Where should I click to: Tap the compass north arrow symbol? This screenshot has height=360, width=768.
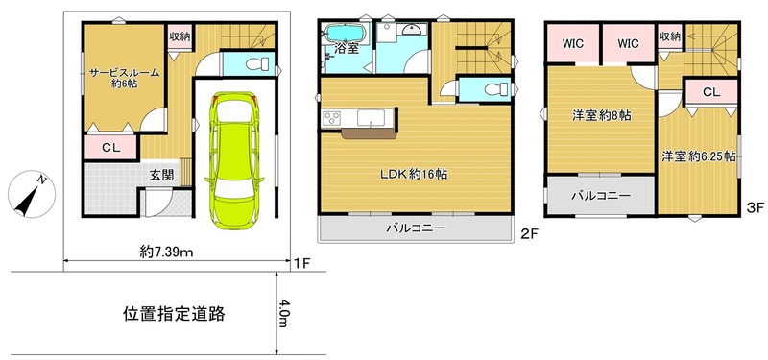tap(30, 195)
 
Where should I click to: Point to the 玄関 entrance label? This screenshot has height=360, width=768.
tap(161, 175)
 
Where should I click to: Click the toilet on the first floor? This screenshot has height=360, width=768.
tap(252, 64)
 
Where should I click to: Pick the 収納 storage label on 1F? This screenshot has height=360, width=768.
tap(179, 36)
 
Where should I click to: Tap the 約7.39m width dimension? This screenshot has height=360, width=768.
tap(166, 252)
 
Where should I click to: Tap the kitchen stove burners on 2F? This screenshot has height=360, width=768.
tap(331, 118)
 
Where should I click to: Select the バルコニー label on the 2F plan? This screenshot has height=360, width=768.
tap(416, 228)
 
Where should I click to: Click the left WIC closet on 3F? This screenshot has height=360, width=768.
tap(573, 42)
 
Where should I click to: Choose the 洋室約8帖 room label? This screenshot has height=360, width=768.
tap(601, 115)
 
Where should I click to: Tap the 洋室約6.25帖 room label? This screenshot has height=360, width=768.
tap(698, 155)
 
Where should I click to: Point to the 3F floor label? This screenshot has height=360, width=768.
tap(754, 205)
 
